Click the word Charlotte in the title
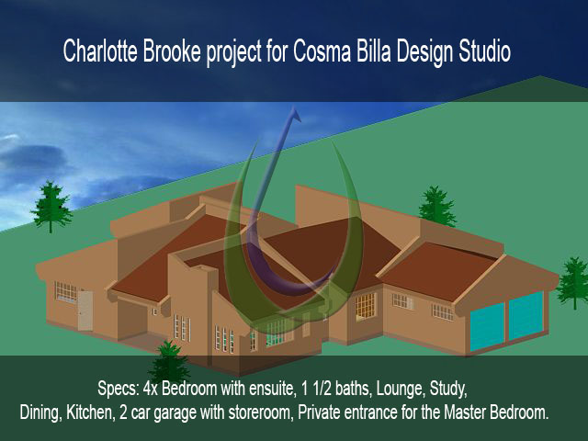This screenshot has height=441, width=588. (x=100, y=51)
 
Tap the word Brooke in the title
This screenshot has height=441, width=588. (x=172, y=51)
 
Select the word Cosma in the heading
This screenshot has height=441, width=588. (x=322, y=51)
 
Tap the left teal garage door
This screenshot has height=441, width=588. (x=487, y=325)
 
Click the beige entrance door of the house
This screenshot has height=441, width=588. (x=85, y=311)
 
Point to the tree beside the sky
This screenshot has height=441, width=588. (x=51, y=206)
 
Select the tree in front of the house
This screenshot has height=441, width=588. (x=169, y=362)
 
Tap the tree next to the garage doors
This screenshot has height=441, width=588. (x=573, y=282)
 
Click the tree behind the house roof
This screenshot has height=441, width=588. (x=437, y=206)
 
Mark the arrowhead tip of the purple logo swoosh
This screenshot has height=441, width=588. (x=294, y=107)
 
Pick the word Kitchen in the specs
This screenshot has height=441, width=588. (x=89, y=413)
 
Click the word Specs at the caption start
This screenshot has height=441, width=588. (x=119, y=390)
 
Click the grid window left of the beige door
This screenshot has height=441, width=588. (x=66, y=292)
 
